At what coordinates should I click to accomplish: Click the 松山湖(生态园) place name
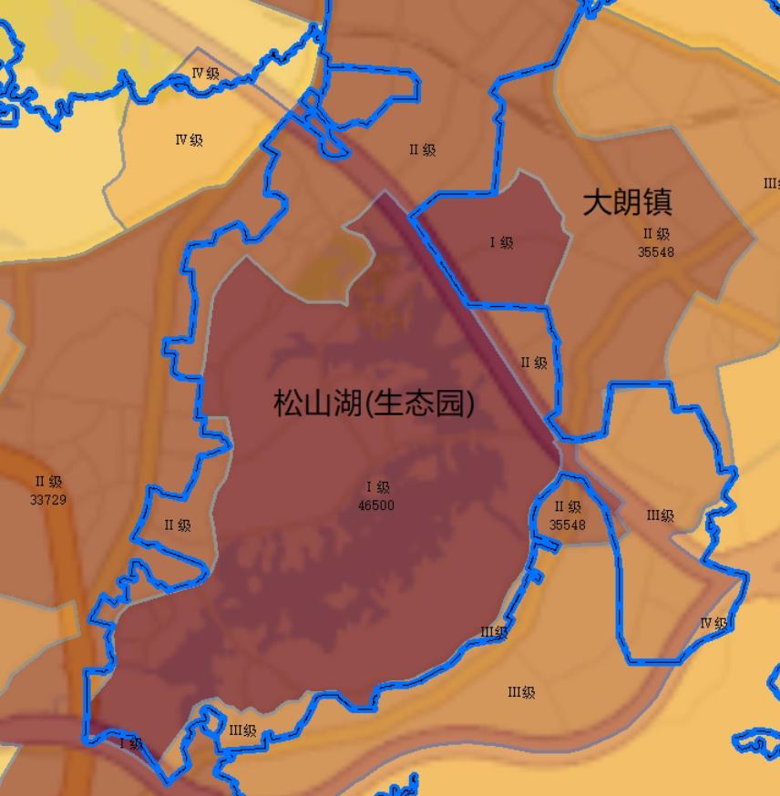(374, 403)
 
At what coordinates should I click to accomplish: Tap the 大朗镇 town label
(628, 202)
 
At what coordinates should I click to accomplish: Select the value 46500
(376, 505)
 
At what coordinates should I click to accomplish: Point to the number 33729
(48, 499)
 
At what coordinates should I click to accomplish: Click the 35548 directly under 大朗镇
(656, 252)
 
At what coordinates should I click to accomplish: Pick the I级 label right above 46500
(377, 488)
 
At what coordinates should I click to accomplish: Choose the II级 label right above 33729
(48, 482)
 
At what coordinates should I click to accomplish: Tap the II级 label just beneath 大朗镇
(656, 235)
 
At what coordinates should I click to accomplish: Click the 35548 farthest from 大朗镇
(568, 525)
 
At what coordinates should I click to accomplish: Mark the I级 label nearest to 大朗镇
(501, 242)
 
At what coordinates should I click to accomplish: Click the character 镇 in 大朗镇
(657, 202)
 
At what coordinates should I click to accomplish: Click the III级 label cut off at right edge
(771, 184)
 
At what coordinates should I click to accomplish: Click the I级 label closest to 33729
(131, 744)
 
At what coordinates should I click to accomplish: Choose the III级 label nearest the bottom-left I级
(242, 730)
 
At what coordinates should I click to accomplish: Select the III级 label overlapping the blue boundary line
(493, 632)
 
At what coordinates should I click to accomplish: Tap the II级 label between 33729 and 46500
(178, 526)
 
